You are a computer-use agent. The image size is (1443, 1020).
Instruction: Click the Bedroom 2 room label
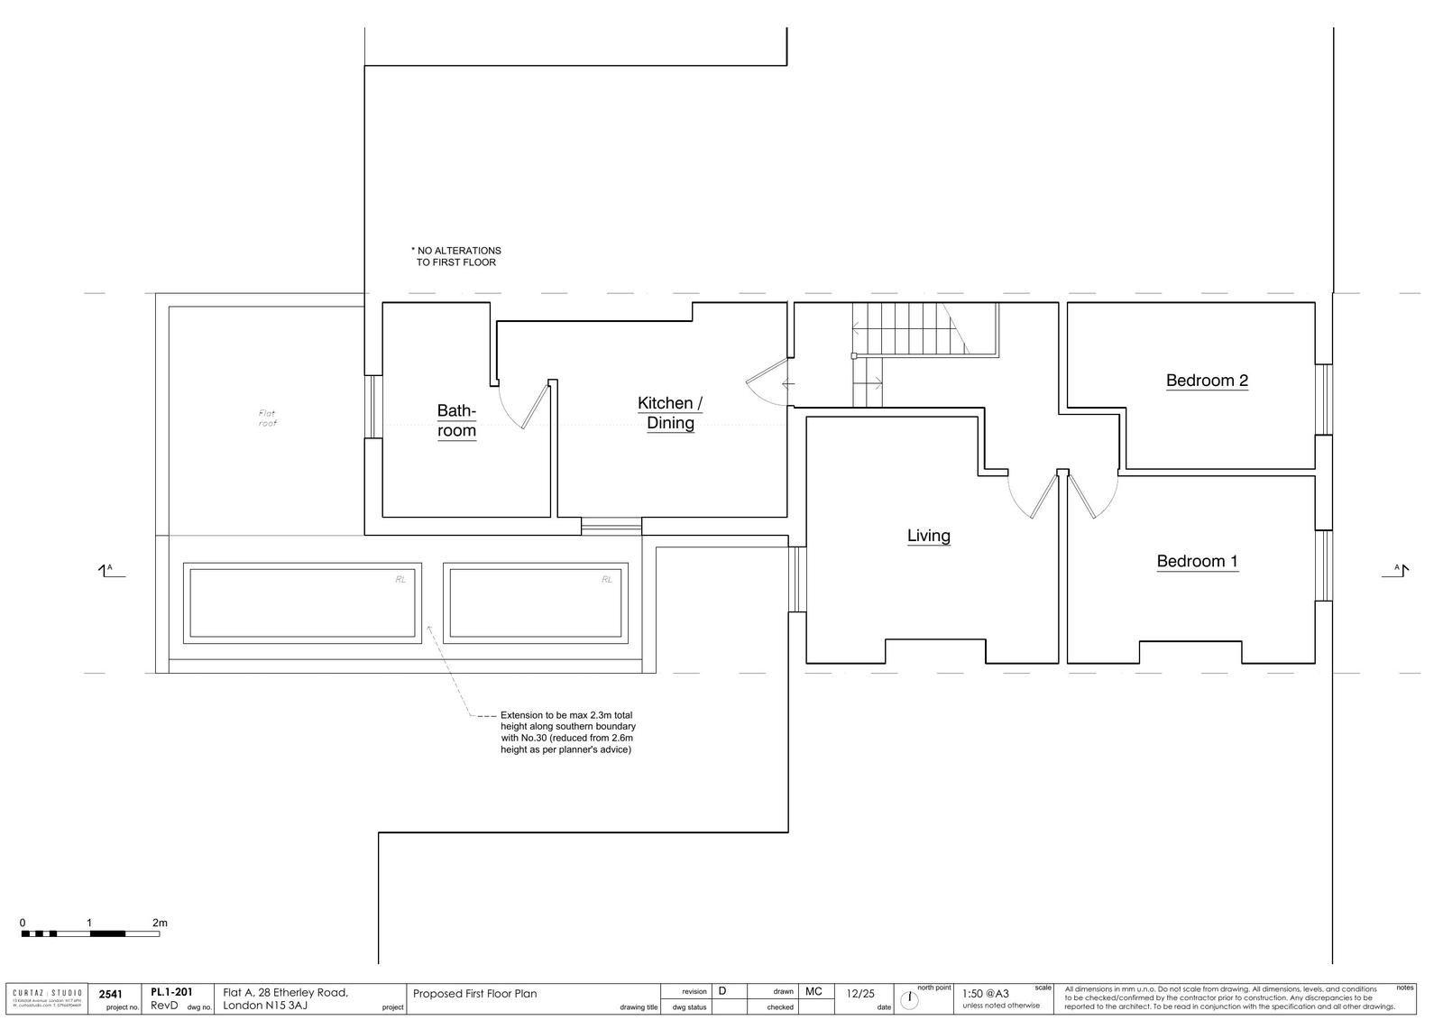(1206, 381)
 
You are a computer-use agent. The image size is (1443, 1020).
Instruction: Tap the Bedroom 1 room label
(1197, 561)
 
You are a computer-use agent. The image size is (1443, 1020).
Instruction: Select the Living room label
(928, 536)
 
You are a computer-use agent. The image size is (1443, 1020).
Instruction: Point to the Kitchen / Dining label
(670, 413)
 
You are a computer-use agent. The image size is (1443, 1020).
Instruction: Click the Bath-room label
(456, 420)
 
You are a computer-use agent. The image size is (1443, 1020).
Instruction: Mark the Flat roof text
(268, 418)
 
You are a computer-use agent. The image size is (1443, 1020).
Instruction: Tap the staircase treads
(902, 329)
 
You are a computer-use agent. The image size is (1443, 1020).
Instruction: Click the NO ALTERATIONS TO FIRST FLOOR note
(456, 256)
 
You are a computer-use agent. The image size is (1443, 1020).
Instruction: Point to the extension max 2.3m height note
(568, 731)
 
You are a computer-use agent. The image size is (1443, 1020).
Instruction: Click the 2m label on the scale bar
(160, 923)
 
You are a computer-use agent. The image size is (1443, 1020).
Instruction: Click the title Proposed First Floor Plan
(474, 994)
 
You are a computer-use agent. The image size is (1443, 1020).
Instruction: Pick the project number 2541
(110, 994)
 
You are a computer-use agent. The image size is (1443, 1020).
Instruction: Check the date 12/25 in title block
(860, 994)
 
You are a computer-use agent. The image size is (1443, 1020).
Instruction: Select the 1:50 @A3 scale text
(986, 994)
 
